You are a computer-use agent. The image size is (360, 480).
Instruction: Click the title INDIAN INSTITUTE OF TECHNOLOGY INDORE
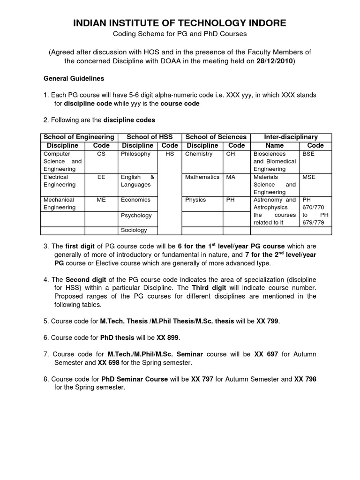[180, 23]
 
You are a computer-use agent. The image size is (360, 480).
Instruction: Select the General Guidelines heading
[74, 78]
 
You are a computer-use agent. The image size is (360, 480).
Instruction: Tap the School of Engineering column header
[79, 137]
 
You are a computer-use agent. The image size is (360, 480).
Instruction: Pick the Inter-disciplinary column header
[291, 137]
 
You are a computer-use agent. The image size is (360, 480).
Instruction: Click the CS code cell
[101, 154]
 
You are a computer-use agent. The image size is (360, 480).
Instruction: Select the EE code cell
[101, 177]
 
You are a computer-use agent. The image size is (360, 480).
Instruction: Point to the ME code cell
[101, 200]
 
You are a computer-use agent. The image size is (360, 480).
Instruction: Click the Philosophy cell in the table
[135, 154]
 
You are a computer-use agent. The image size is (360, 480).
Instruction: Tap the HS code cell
[169, 154]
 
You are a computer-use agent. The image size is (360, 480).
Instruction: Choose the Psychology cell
[136, 216]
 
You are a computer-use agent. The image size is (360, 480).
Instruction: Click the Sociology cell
[134, 230]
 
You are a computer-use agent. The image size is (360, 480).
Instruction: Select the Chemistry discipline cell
[199, 154]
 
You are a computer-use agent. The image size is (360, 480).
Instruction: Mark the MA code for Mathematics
[231, 177]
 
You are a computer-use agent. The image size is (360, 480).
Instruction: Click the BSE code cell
[308, 154]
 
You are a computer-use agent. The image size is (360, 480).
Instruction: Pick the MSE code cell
[309, 177]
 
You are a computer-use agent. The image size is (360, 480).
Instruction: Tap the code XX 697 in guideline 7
[266, 354]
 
